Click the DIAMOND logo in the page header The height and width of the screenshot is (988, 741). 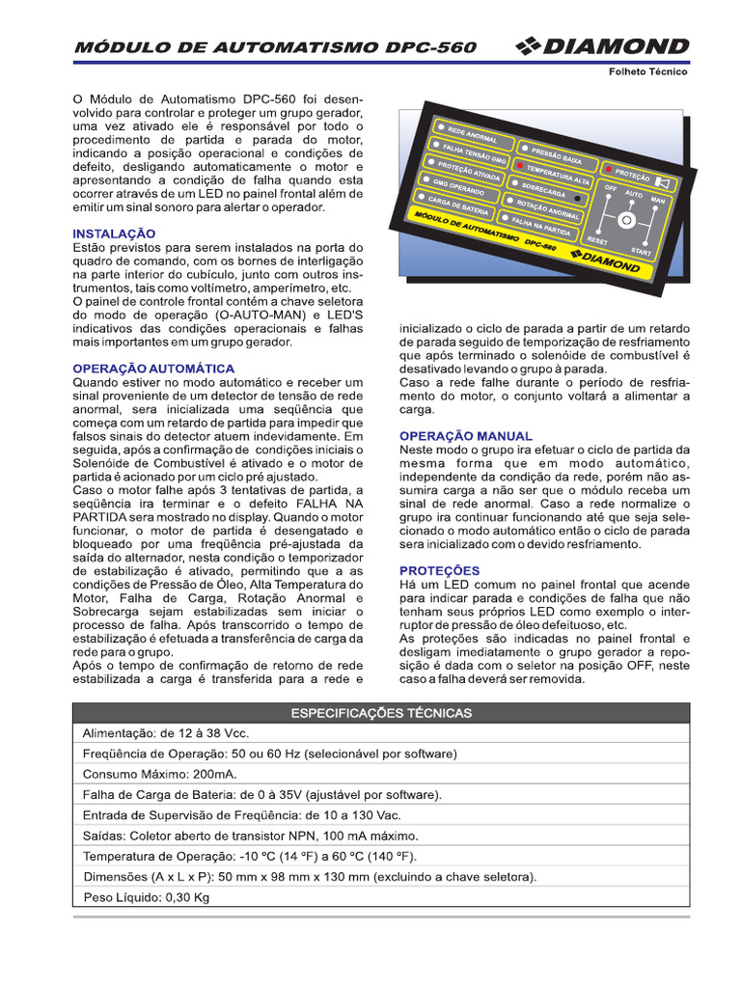[602, 46]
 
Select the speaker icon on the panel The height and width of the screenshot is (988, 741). [663, 181]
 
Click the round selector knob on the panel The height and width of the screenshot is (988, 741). [626, 221]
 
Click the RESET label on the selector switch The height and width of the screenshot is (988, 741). [596, 239]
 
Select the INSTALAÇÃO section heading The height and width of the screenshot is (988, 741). [114, 233]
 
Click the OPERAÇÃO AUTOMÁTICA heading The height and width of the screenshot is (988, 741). [153, 369]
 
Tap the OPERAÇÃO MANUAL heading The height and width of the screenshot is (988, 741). [465, 436]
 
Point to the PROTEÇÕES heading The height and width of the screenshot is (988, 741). [439, 571]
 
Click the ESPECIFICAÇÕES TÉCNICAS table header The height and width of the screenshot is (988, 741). [381, 713]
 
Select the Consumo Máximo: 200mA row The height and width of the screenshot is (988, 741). [159, 774]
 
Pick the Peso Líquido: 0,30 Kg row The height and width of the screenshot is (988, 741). [146, 896]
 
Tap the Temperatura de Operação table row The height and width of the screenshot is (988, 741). [249, 856]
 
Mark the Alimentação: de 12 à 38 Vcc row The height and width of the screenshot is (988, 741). [165, 733]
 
